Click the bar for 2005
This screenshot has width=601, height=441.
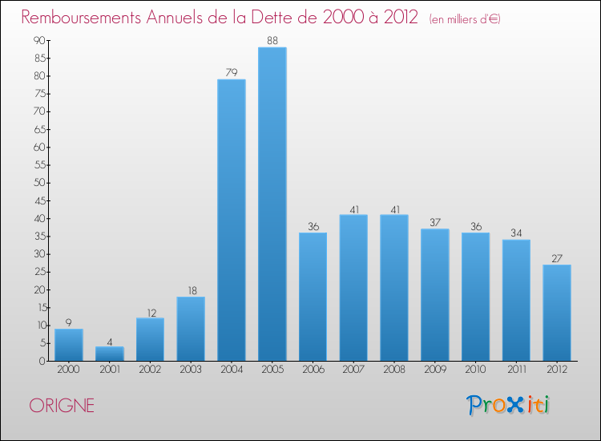272,204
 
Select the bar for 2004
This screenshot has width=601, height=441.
232,220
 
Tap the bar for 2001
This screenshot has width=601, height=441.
109,354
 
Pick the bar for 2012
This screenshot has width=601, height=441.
557,313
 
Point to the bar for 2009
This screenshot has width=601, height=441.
434,295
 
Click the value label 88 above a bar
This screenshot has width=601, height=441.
272,39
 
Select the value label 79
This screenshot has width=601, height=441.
232,72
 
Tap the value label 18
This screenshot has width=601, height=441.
191,289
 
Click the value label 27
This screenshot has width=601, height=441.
557,257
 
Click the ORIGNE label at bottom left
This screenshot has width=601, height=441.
62,406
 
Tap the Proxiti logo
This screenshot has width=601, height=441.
509,405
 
